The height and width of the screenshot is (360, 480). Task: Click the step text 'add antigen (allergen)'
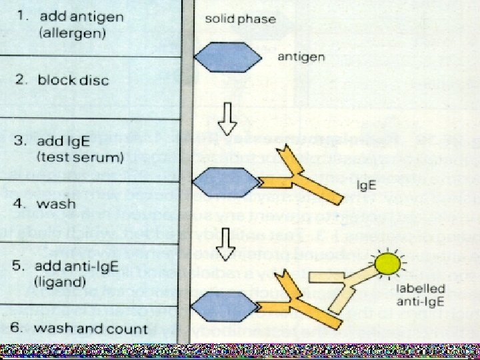click(80, 23)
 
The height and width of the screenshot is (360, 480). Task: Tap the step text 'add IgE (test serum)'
click(80, 149)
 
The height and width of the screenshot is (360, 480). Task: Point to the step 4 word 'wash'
click(56, 204)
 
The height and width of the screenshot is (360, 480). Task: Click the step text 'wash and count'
click(91, 328)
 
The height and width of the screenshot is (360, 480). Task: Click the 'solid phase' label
click(240, 19)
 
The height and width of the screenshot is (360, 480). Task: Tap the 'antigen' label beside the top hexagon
click(301, 57)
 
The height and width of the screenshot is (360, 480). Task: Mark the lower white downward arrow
click(228, 241)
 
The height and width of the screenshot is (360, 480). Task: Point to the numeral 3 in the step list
click(20, 141)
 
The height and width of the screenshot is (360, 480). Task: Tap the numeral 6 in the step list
click(20, 328)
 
